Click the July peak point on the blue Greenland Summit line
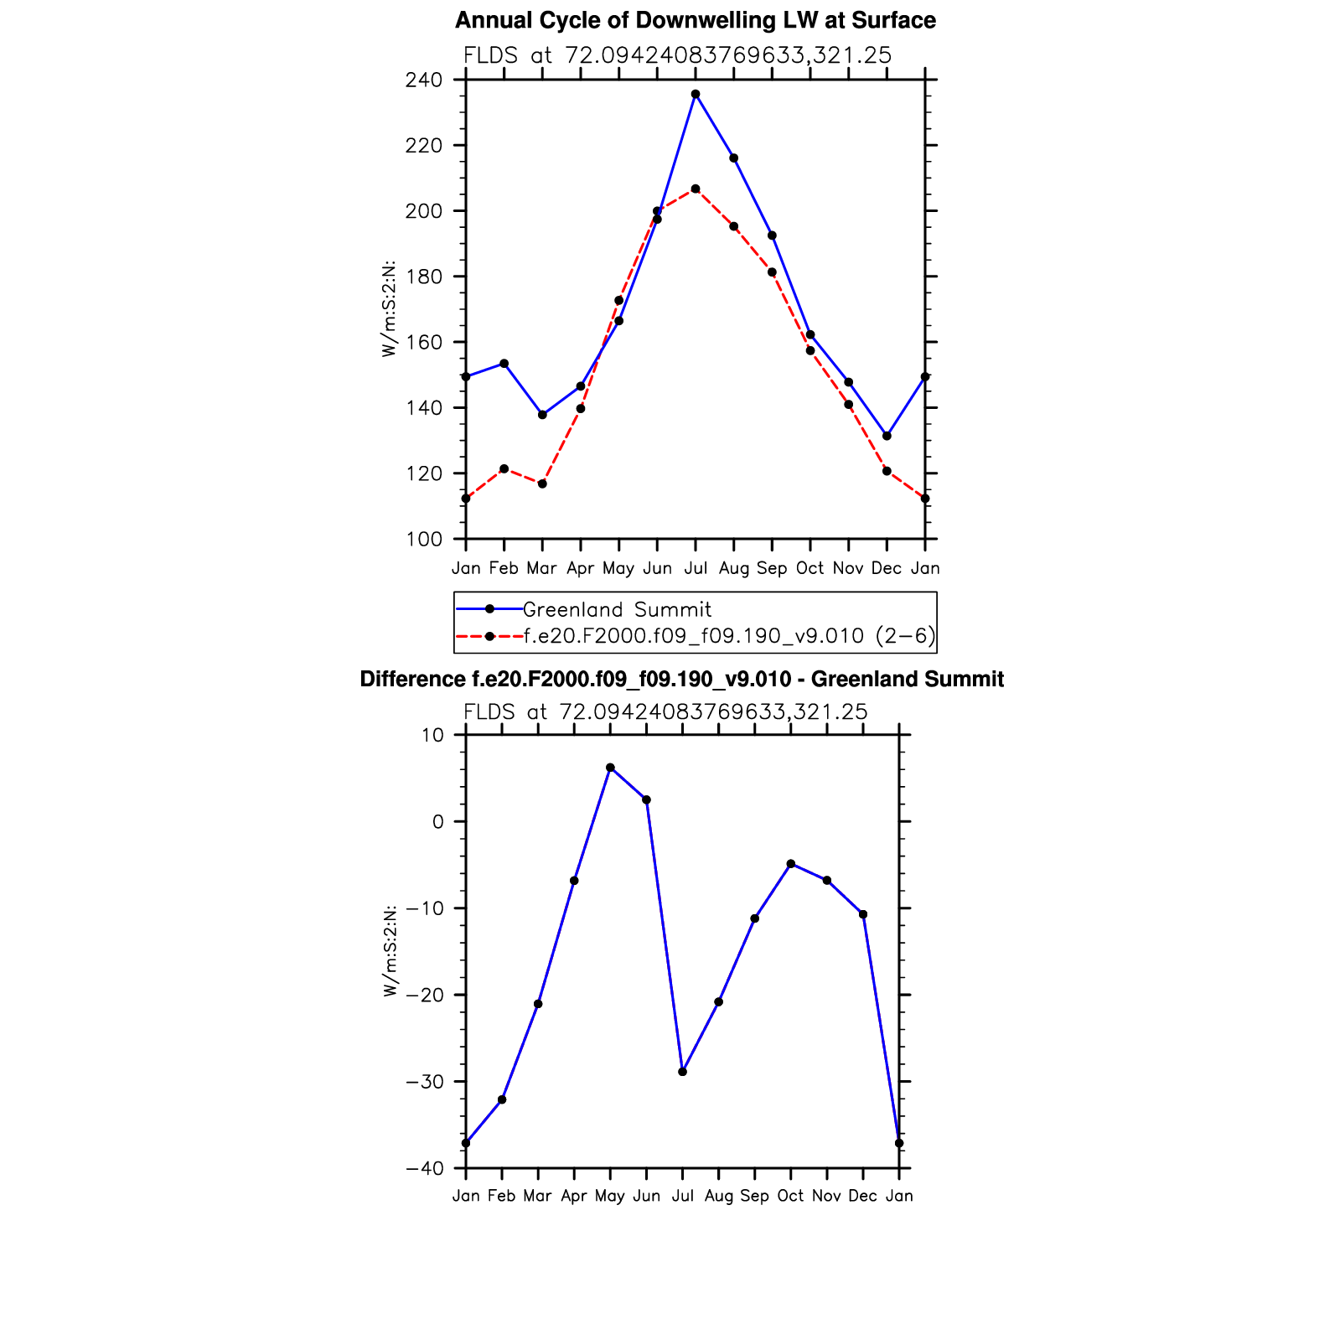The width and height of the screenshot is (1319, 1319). point(696,94)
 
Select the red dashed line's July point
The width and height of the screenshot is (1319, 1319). point(696,189)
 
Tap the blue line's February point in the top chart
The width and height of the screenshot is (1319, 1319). point(504,364)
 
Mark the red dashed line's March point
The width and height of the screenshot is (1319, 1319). point(542,484)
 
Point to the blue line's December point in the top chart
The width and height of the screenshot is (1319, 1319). point(887,436)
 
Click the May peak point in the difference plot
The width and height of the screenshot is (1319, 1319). point(610,768)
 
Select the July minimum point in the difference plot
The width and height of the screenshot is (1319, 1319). point(682,1072)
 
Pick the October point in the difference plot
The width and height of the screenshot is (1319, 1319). point(790,864)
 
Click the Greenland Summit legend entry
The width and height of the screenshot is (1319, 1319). point(617,610)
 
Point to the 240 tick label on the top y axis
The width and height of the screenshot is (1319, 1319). point(423,80)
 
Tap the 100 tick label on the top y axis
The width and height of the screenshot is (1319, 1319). point(423,540)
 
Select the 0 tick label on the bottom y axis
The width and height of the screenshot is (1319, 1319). point(438,822)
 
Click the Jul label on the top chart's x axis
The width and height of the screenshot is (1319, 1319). point(696,569)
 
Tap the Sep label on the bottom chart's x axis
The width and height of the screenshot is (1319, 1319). point(754,1197)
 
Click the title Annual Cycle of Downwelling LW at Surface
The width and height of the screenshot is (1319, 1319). point(696,20)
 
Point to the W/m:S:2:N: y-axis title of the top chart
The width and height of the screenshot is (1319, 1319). point(389,309)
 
